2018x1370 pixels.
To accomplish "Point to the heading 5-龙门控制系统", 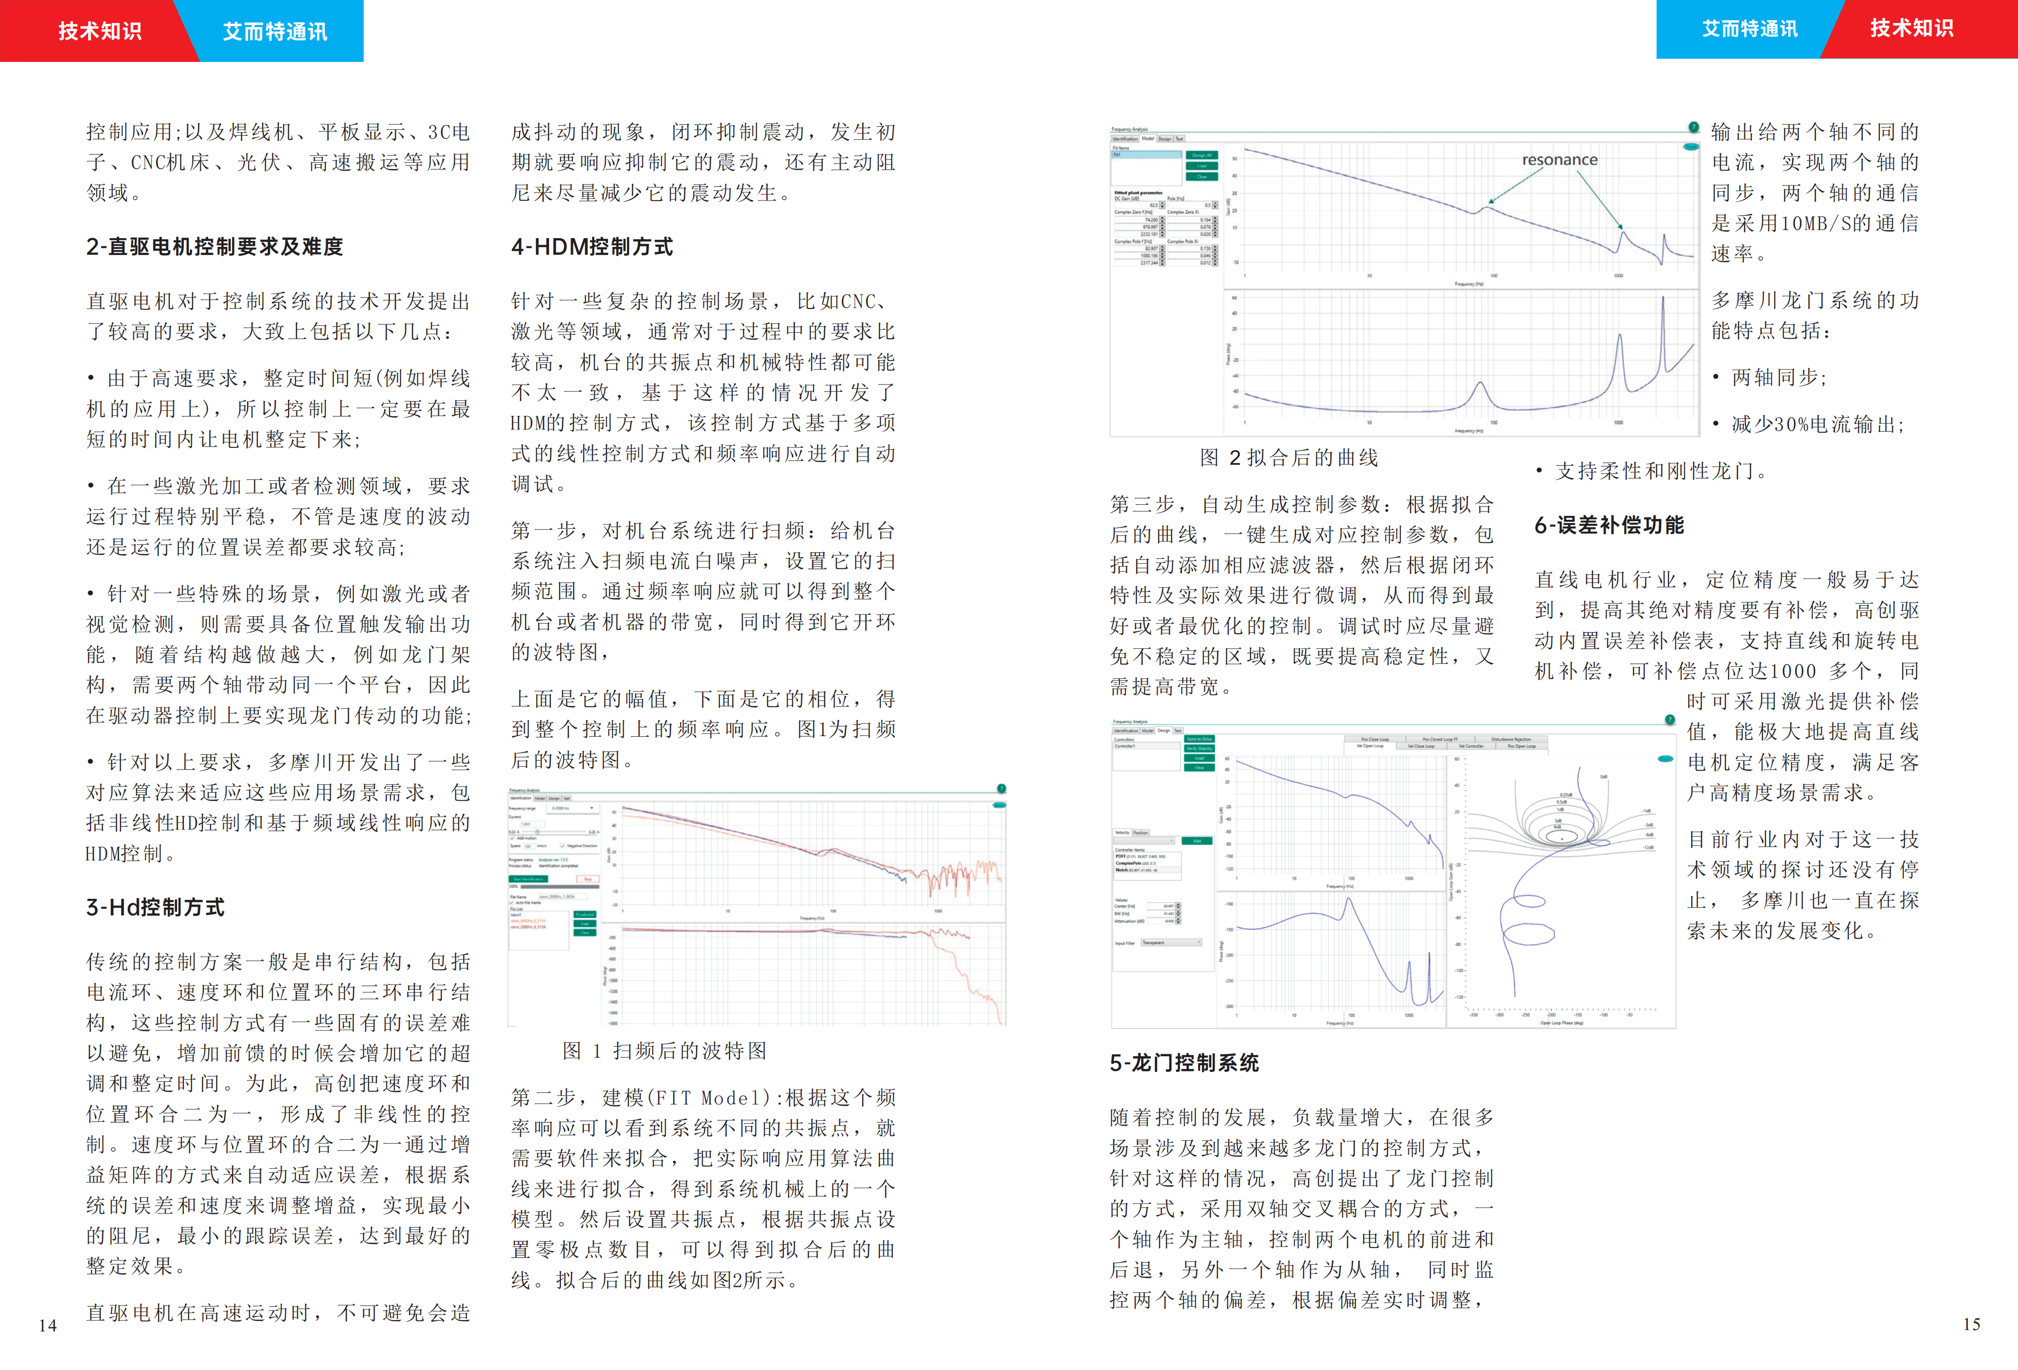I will point(1184,1063).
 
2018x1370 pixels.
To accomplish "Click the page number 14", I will point(48,1325).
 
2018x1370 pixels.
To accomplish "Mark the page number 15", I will point(1971,1324).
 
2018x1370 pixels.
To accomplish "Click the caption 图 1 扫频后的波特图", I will point(664,1051).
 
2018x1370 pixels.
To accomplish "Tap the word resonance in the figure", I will point(1559,160).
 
